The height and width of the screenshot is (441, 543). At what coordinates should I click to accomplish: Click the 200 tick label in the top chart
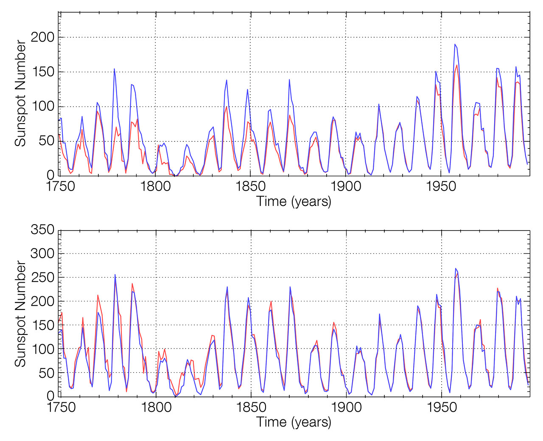pos(42,37)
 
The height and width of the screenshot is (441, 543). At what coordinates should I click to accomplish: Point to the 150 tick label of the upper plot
pos(42,72)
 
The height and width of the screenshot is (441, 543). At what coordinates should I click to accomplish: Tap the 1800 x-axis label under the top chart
pos(155,187)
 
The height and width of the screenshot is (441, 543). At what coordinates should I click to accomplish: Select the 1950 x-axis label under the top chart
pos(442,187)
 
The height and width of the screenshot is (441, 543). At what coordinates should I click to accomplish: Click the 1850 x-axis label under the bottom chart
pos(251,407)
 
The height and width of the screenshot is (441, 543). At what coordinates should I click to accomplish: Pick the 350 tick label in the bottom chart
pos(42,230)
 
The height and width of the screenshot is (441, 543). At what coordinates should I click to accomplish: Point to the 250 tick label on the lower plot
pos(42,278)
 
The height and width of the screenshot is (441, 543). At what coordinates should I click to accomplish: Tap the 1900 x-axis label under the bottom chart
pos(346,407)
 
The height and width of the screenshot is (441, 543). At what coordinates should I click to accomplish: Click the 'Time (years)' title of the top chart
pos(294,201)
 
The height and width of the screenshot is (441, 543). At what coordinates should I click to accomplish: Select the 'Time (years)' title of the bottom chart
pos(294,422)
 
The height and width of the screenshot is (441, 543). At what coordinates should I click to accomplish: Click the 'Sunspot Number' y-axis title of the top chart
pos(20,93)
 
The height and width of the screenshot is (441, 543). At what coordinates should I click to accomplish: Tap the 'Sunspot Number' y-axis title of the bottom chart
pos(20,314)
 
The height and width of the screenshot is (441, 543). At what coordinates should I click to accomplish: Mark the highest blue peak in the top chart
pos(455,44)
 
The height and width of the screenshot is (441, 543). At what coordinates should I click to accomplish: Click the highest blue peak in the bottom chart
pos(455,268)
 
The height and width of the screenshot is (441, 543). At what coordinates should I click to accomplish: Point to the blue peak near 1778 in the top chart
pos(114,69)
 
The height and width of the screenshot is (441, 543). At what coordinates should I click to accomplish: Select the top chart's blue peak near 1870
pos(289,79)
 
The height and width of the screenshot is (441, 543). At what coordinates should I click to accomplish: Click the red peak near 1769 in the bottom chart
pos(98,295)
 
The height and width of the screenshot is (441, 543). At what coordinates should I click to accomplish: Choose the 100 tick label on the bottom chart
pos(42,349)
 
